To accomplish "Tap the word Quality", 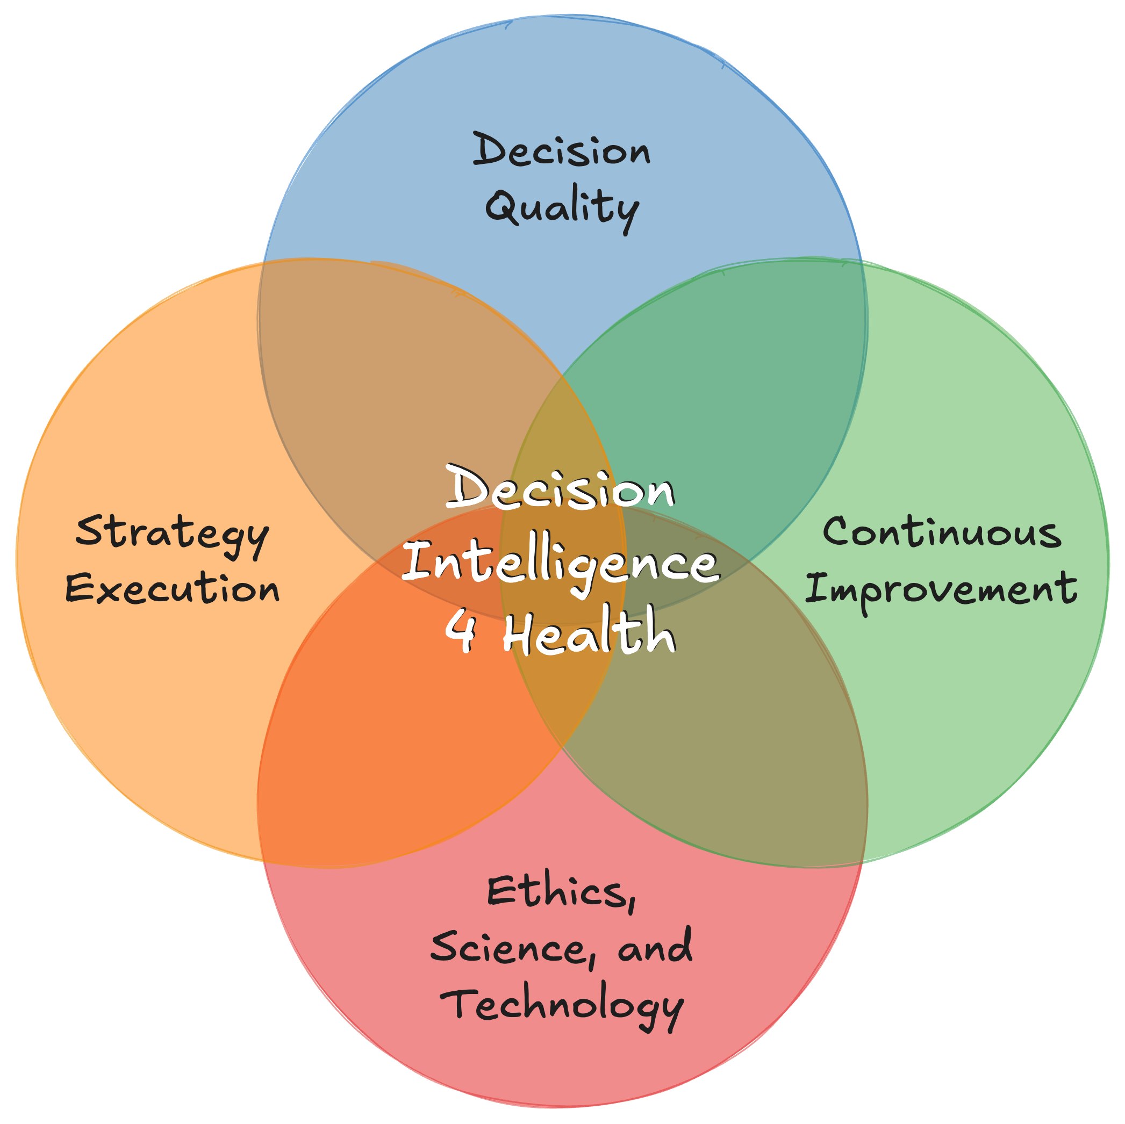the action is [x=562, y=208].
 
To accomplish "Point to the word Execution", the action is [x=173, y=588].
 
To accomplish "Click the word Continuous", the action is [x=942, y=532].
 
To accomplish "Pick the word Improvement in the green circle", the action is [x=941, y=588].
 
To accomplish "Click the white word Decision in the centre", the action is [x=561, y=489].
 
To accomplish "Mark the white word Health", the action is [x=589, y=631].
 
